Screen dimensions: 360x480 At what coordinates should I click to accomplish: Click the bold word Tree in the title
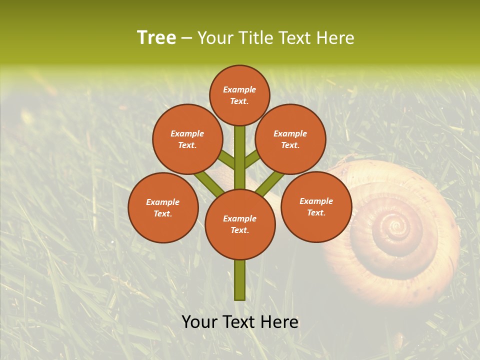156,37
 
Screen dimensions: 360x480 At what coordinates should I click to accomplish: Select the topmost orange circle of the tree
239,95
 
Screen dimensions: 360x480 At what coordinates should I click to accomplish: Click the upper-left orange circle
187,139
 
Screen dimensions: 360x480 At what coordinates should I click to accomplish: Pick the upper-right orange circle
290,139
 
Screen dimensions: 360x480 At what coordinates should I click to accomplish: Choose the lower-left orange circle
163,207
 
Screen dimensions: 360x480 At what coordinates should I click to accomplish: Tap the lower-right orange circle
316,206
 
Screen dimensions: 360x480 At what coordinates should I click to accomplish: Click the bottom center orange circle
240,224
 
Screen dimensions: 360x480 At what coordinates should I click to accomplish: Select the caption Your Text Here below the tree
240,322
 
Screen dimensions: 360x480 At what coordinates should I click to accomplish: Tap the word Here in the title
336,38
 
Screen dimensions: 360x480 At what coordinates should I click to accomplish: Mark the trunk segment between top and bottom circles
240,157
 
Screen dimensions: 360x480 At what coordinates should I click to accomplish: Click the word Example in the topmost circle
239,89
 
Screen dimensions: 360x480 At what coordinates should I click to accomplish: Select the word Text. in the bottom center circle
239,230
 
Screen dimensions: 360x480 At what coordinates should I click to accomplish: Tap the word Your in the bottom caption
199,322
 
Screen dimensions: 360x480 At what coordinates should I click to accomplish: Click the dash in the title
187,38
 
